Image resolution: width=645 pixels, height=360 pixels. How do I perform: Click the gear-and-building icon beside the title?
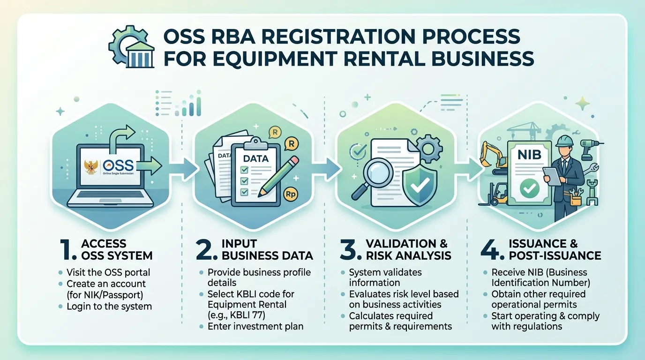(x=131, y=47)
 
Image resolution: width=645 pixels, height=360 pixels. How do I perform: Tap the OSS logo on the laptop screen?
(x=118, y=165)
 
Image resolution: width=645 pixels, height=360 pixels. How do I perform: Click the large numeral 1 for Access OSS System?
(x=68, y=250)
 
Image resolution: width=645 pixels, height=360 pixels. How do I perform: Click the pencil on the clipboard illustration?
(x=278, y=176)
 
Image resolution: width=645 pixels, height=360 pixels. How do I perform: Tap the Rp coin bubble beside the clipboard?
(x=290, y=194)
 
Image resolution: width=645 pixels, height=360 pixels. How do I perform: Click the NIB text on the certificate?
(x=529, y=155)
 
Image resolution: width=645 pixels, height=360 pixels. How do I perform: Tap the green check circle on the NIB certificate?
(x=530, y=188)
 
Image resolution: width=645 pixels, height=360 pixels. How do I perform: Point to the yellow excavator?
(x=493, y=156)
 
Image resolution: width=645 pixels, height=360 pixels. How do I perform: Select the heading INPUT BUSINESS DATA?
(x=267, y=249)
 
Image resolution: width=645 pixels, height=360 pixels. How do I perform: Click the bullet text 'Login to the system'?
(x=109, y=306)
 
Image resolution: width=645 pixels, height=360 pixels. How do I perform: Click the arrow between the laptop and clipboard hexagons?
(x=183, y=169)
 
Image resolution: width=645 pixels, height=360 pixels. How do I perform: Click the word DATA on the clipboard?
(x=255, y=158)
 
